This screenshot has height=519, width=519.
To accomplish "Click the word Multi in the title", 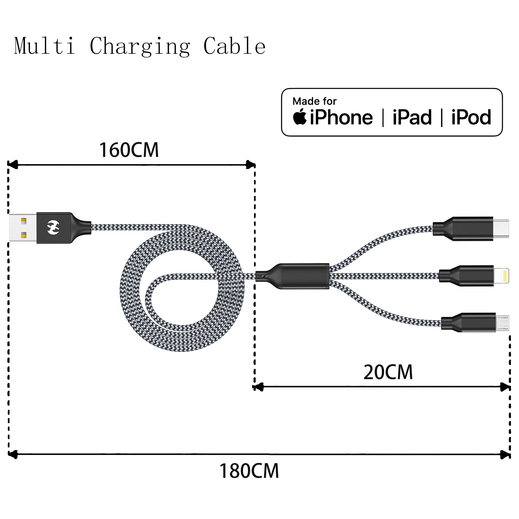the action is (45, 46).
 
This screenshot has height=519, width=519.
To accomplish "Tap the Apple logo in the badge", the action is (300, 117).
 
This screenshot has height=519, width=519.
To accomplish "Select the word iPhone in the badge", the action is (341, 118).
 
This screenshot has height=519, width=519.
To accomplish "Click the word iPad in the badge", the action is (412, 118).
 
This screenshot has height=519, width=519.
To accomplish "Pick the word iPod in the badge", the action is (471, 118).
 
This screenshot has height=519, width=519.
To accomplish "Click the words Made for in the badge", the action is (314, 101).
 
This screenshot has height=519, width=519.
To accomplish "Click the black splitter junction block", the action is (296, 276).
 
